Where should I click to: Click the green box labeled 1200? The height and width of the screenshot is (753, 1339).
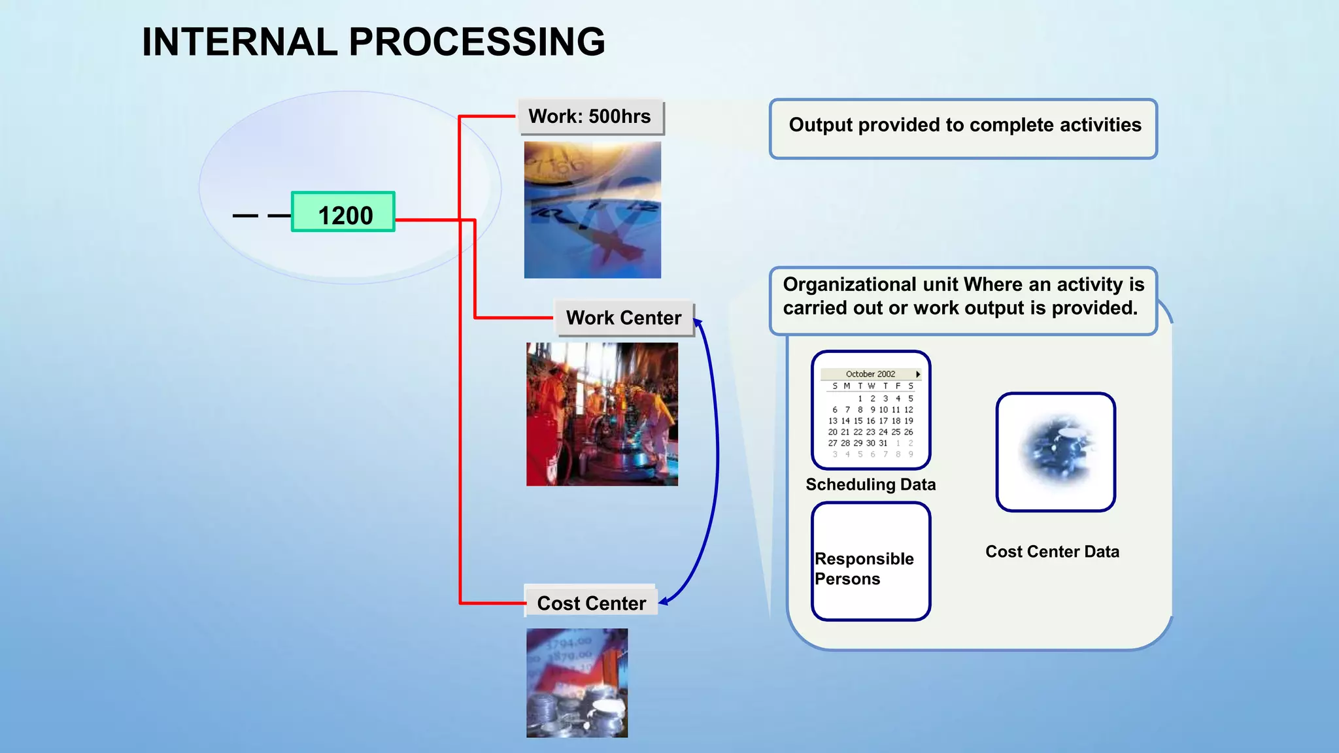point(343,212)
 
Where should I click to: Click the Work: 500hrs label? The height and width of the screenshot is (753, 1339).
point(590,116)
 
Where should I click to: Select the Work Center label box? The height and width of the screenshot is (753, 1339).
point(624,318)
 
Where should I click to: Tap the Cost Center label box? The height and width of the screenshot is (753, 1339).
point(591,603)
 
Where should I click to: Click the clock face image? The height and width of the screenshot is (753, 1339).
point(592,210)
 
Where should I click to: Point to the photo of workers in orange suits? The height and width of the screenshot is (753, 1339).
point(602,414)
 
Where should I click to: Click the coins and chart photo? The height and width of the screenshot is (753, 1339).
point(577,683)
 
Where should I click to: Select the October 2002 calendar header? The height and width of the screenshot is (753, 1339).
point(870,374)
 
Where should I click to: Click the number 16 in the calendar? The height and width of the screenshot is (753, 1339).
point(870,421)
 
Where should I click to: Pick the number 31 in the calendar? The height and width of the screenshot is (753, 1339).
point(883,443)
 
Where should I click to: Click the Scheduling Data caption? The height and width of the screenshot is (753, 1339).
point(870,484)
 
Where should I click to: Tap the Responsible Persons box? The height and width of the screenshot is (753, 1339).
point(870,561)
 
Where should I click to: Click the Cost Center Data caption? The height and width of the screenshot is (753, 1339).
point(1052,552)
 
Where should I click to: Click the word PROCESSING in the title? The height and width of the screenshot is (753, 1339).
point(477,42)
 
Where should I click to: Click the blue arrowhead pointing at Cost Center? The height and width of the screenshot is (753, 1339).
point(663,601)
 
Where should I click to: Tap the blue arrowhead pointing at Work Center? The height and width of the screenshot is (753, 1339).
point(698,322)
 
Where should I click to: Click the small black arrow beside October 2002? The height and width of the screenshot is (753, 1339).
point(918,374)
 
